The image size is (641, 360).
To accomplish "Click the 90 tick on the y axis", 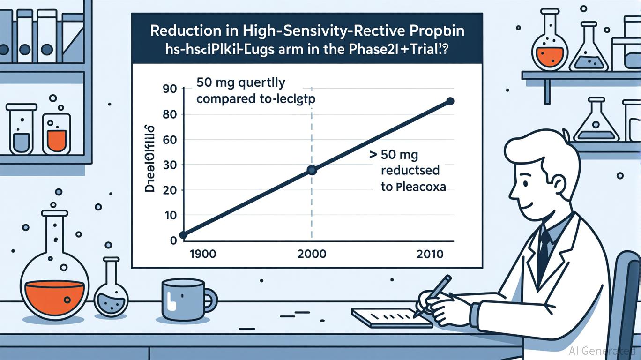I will coord(170,89).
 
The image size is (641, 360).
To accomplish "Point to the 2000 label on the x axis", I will coord(312,255).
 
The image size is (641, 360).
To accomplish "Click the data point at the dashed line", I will coord(312,171).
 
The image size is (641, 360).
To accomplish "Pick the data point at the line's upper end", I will coord(450,101).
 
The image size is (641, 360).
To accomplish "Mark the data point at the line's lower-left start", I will coord(183,235).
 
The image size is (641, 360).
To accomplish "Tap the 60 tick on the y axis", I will coord(170,140).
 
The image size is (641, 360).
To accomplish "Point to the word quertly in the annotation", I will coord(263,83).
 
